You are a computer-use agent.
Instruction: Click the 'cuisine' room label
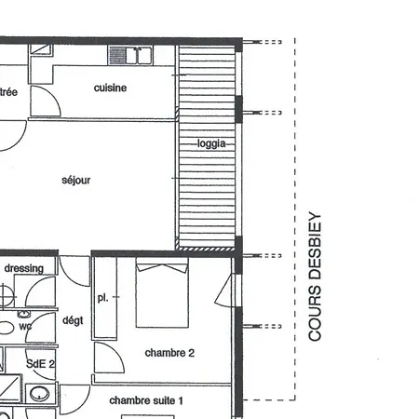click(x=110, y=88)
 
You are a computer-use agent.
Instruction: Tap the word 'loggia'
click(x=211, y=143)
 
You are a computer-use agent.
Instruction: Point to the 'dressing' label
click(x=23, y=269)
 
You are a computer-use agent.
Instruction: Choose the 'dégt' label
click(x=73, y=319)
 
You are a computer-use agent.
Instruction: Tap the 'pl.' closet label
click(x=103, y=298)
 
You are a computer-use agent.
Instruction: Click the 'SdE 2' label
click(x=40, y=363)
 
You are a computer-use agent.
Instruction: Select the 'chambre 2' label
click(x=169, y=353)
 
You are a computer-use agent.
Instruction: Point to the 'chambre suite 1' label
click(x=146, y=400)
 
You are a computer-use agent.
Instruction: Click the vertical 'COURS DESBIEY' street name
click(x=315, y=277)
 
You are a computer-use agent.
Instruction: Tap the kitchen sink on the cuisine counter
click(x=130, y=56)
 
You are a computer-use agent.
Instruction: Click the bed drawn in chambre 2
click(x=163, y=294)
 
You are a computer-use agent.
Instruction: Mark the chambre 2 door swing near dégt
click(x=107, y=358)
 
